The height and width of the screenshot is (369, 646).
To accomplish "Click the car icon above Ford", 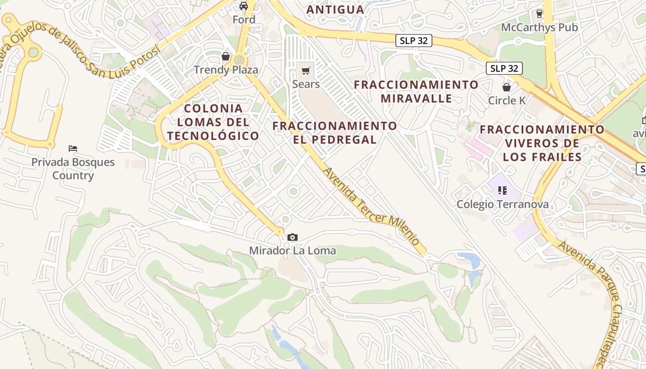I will [244, 6].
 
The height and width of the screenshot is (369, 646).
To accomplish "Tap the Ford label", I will [244, 19].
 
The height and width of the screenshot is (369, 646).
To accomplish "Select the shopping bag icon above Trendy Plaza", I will [226, 56].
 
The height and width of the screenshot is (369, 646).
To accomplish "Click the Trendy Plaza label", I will [226, 70].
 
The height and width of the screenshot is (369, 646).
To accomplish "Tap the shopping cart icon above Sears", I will [305, 71].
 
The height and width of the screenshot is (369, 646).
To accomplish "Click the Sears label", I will [305, 84].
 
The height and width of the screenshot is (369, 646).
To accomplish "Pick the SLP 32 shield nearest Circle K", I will [504, 68].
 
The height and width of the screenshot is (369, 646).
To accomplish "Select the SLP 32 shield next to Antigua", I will [414, 41].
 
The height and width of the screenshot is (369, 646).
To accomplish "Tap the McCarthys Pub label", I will [539, 27].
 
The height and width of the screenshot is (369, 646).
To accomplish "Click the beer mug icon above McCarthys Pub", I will [539, 14].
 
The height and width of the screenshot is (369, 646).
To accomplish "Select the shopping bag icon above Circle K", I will [507, 87].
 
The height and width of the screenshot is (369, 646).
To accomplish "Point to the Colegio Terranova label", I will [502, 204].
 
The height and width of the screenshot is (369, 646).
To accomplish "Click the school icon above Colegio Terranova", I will [502, 190].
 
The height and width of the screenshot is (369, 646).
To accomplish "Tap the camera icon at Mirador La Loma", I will [292, 237].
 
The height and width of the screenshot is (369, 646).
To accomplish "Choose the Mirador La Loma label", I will [292, 250].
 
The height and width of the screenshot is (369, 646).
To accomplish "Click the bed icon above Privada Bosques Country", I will [73, 149].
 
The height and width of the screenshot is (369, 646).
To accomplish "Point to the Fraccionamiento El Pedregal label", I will [335, 133].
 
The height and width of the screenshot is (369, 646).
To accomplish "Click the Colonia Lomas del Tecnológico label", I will [213, 122].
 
